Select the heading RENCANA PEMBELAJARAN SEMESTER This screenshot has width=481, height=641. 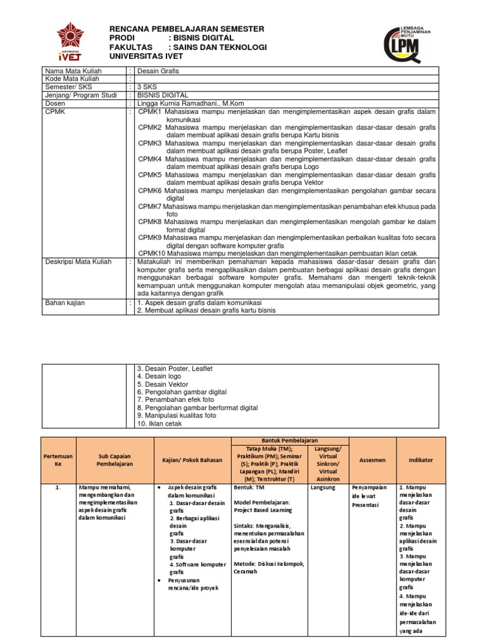tap(187, 29)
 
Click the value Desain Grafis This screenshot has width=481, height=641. tap(158, 71)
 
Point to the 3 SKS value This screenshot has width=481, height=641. tap(149, 87)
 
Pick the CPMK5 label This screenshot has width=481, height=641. tap(150, 175)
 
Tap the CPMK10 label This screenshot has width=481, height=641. tap(152, 252)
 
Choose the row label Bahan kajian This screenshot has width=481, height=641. tap(65, 302)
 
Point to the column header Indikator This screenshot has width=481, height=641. tap(420, 459)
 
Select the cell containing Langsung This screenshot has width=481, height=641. tap(323, 486)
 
